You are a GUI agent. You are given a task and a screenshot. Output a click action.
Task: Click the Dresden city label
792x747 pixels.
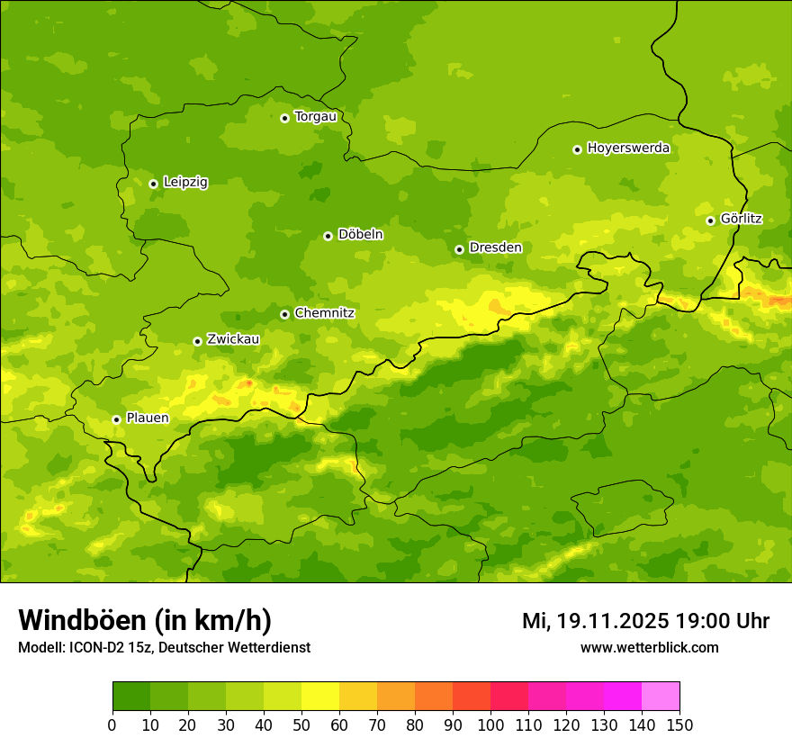point(495,247)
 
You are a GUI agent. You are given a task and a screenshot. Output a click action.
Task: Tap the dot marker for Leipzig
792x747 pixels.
point(153,184)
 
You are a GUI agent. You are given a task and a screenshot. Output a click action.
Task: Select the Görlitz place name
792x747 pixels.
point(741,219)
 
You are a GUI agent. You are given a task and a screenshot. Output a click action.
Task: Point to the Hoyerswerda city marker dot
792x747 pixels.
point(577,149)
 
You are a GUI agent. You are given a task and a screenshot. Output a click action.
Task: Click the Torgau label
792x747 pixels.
point(315,116)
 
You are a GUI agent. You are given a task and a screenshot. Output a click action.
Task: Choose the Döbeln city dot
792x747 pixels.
point(328,236)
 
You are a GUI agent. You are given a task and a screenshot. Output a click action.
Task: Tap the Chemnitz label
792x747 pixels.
point(324,313)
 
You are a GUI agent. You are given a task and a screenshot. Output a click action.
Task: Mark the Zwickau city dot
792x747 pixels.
point(197,341)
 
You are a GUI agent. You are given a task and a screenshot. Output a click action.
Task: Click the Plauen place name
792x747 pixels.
point(147,418)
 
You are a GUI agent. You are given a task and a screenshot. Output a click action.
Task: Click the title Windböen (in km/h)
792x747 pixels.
point(145,620)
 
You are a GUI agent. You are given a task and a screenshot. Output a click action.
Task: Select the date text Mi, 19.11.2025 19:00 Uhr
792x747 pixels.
point(645,621)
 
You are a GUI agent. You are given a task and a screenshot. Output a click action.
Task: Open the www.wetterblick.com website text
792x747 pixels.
point(649,647)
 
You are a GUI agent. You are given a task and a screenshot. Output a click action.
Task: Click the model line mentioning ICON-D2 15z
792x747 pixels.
point(164,647)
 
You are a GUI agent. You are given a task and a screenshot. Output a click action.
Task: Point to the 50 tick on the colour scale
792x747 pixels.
point(301,724)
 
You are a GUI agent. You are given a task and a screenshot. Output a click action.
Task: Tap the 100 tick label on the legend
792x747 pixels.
point(490,724)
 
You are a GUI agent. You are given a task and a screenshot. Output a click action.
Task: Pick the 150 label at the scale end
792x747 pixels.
point(679,724)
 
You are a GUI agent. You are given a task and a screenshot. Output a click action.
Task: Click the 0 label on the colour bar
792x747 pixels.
point(112,724)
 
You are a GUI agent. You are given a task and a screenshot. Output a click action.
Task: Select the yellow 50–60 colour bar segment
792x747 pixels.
point(320,697)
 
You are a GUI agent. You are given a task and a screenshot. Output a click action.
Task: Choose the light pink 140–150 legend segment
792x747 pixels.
point(661,697)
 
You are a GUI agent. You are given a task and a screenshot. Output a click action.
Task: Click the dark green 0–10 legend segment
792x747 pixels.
point(131,697)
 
